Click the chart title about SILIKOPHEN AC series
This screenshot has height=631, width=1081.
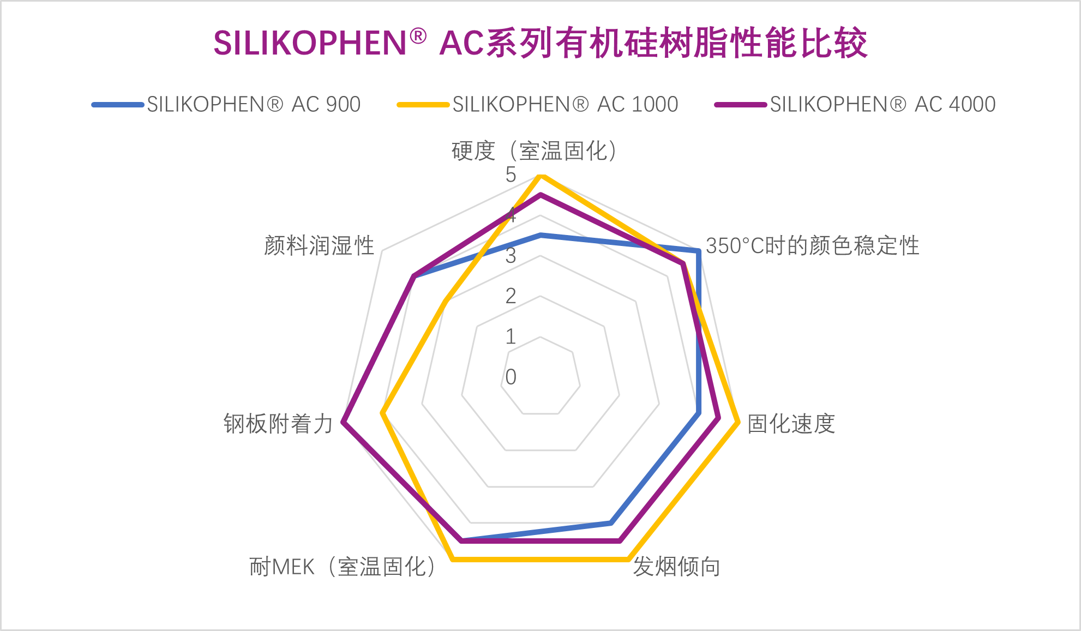[540, 43]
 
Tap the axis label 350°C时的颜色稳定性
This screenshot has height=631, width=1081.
[812, 246]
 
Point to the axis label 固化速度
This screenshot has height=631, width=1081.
[791, 424]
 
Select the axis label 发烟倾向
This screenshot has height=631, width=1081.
[676, 567]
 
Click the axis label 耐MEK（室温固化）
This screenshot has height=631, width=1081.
[343, 567]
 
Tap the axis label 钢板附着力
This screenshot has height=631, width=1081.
[278, 424]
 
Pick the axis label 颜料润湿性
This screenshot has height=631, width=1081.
[319, 246]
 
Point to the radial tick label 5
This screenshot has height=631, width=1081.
[511, 175]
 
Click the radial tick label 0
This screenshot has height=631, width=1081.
[511, 377]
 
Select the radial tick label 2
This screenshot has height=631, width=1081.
[511, 296]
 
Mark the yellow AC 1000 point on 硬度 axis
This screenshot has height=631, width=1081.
[540, 176]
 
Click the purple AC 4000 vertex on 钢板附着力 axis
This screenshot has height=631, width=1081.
[343, 421]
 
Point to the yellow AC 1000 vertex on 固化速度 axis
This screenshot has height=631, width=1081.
[737, 421]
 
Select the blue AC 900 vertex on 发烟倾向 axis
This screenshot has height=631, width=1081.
[611, 522]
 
